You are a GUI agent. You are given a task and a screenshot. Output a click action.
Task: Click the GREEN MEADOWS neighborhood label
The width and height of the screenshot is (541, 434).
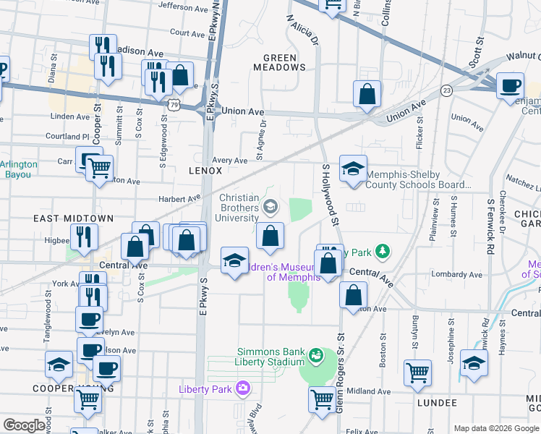click(280, 62)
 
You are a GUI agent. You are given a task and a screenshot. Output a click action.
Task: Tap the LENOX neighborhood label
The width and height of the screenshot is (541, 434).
click(205, 171)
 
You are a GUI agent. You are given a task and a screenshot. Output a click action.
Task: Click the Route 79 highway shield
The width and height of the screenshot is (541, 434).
click(176, 105)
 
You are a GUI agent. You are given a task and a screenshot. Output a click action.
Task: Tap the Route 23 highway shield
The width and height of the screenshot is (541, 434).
click(447, 90)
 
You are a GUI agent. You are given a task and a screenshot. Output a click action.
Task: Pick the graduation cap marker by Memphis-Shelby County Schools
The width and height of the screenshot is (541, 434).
click(353, 169)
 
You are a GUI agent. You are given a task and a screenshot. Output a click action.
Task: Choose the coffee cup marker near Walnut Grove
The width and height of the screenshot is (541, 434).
click(511, 84)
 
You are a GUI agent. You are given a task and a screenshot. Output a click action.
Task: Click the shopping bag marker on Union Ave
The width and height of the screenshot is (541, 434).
click(367, 94)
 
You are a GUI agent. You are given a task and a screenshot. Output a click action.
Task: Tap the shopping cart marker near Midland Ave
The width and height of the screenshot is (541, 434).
click(323, 399)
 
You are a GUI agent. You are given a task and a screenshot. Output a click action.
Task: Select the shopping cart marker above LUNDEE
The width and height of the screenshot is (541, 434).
click(418, 373)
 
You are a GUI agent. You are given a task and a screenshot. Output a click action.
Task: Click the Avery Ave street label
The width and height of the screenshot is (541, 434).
click(230, 161)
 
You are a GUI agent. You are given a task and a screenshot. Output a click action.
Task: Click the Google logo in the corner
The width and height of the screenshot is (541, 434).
click(23, 425)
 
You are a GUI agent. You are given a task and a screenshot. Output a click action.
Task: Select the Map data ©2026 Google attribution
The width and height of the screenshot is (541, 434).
click(495, 428)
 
